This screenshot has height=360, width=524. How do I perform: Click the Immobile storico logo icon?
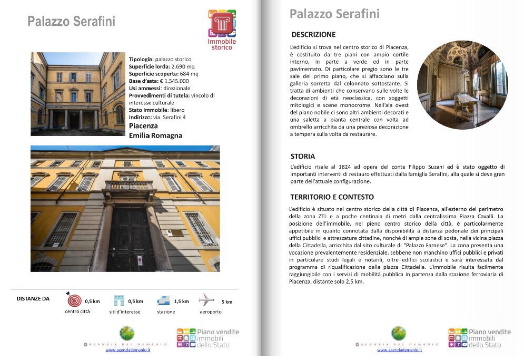(x=222, y=24)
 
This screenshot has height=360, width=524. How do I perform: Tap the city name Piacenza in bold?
(x=143, y=127)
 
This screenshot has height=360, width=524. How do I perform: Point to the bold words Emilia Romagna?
(x=155, y=135)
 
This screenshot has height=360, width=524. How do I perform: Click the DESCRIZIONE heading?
(x=313, y=35)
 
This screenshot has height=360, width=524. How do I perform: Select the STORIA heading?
(x=303, y=157)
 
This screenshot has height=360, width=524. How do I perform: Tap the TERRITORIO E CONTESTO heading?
(x=332, y=197)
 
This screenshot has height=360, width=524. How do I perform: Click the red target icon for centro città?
(x=75, y=300)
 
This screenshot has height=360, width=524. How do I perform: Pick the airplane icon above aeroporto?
(x=206, y=300)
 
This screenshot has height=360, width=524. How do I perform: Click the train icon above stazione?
(x=164, y=300)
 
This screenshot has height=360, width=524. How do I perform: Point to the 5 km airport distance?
(x=226, y=302)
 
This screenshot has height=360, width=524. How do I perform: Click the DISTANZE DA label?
(x=33, y=299)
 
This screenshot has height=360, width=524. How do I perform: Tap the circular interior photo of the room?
(x=462, y=84)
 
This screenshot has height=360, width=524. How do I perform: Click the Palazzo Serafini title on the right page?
(x=334, y=14)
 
